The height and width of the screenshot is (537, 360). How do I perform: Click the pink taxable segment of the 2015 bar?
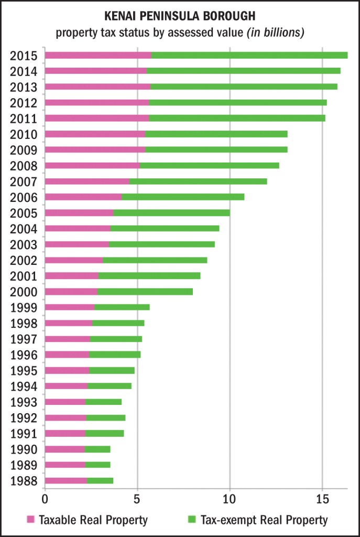[98, 55]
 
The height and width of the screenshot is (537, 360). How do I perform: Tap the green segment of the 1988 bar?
[100, 481]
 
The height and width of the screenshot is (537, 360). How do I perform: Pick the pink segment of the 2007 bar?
[87, 181]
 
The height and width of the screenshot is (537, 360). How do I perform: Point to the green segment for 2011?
[237, 118]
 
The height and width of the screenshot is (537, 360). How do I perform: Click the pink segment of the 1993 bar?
[65, 402]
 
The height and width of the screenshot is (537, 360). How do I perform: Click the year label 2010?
[24, 134]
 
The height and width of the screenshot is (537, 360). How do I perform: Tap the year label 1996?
[24, 355]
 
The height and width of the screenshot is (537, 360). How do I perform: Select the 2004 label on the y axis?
[24, 229]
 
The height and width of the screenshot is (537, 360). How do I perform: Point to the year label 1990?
[24, 449]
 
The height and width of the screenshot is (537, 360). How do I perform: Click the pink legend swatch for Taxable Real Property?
[31, 520]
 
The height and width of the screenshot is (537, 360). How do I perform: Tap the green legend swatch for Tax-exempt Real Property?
[191, 520]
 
